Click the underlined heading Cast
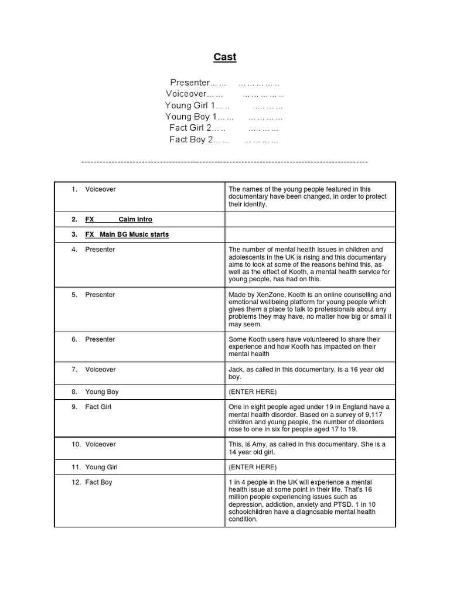[x=224, y=57]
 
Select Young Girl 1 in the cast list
[x=190, y=105]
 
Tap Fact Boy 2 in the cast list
[x=191, y=139]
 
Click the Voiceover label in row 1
[x=100, y=189]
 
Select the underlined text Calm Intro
[x=135, y=219]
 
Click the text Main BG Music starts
[x=134, y=234]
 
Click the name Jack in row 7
[x=236, y=370]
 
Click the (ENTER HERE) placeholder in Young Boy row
[x=253, y=391]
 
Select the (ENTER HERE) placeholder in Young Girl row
[x=253, y=467]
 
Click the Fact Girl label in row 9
[x=100, y=407]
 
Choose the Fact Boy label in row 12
[x=98, y=482]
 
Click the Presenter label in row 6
[x=100, y=339]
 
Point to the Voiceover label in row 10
[x=100, y=444]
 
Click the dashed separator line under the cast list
[x=224, y=161]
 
